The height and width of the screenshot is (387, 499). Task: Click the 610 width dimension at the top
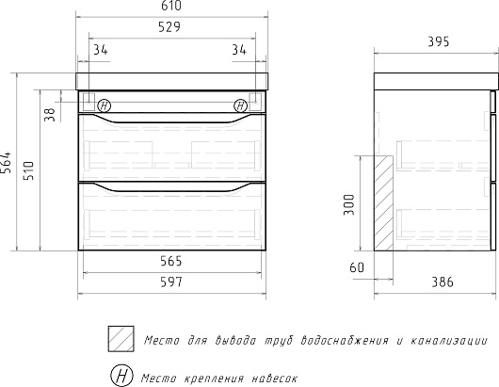[x=171, y=6]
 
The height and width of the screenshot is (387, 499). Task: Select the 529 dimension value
[x=169, y=27]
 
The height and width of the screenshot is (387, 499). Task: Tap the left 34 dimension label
[x=101, y=50]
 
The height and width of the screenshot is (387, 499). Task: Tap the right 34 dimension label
[x=239, y=50]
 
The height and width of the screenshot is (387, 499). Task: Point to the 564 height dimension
[x=6, y=163]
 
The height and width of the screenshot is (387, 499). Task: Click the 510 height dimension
[x=28, y=170]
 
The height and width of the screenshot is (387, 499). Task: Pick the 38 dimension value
[x=50, y=115]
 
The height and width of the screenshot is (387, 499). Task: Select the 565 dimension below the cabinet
[x=171, y=261]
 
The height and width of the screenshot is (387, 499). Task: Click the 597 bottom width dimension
[x=171, y=282]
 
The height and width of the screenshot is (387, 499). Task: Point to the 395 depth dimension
[x=438, y=41]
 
